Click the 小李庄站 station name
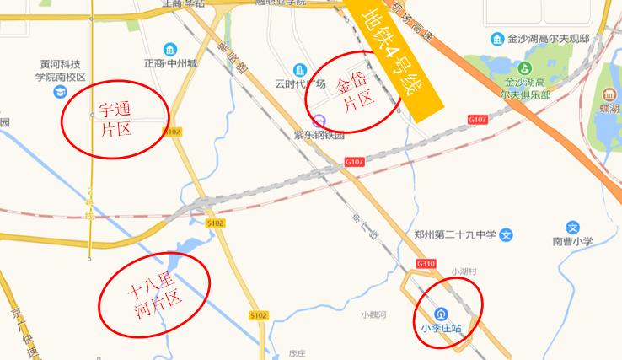point(442,328)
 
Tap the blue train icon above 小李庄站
point(442,313)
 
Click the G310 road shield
point(424,264)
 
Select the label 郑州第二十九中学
point(450,235)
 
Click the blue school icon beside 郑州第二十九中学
point(506,235)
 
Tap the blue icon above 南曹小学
point(573,227)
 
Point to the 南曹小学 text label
point(573,241)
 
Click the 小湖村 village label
point(464,271)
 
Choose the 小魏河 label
point(373,314)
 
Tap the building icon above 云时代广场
point(299,70)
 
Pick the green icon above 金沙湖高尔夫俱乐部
point(527,68)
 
